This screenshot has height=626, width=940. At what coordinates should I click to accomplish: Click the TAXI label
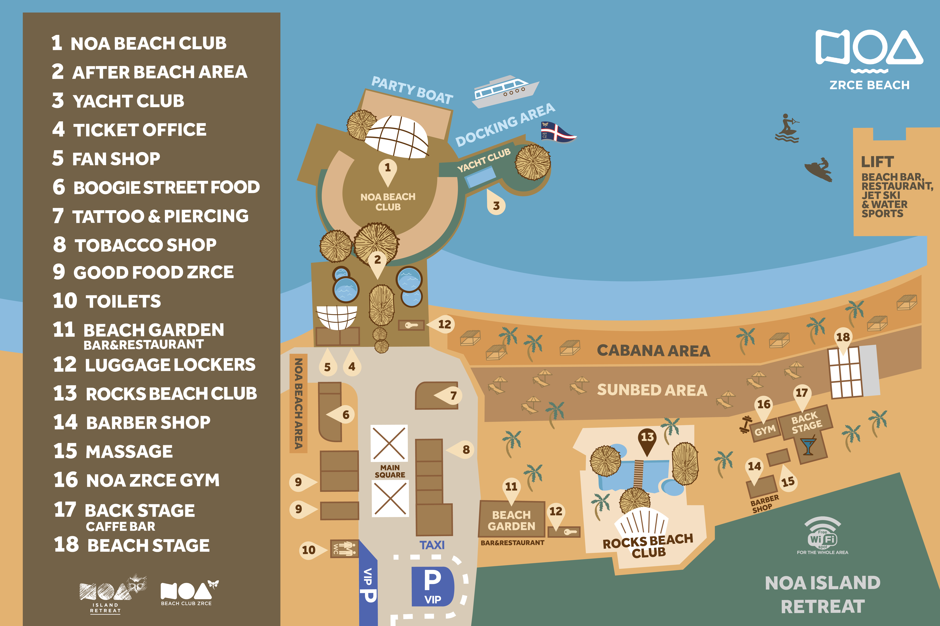tap(432, 545)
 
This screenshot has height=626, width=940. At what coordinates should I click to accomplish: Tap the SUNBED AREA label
tap(652, 390)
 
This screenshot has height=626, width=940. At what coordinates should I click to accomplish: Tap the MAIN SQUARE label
tap(390, 471)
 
